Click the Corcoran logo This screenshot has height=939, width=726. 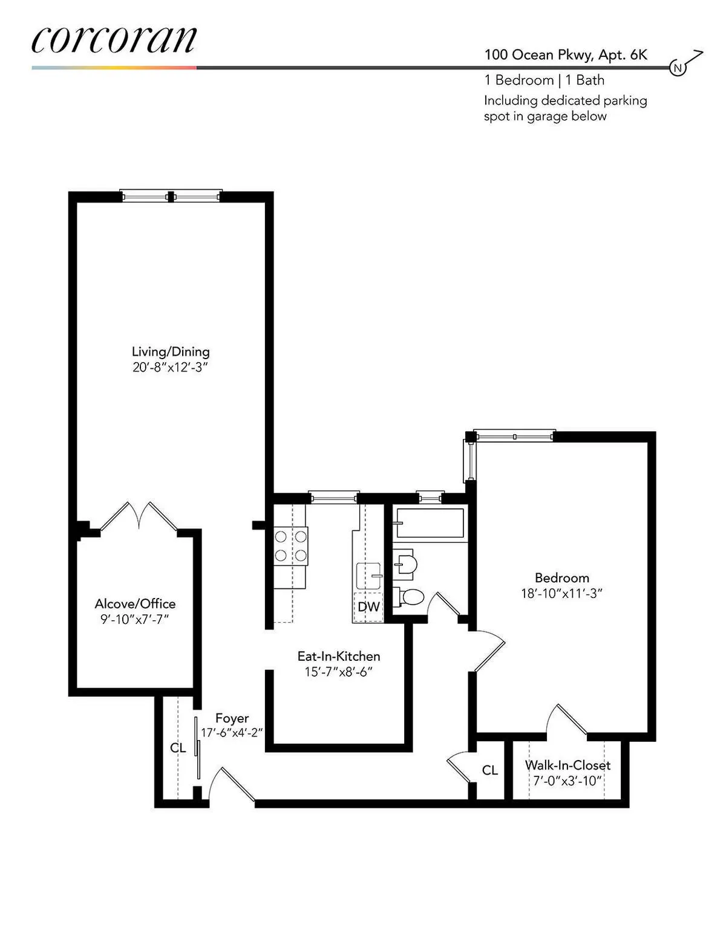(114, 40)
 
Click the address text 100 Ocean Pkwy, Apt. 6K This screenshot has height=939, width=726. (565, 55)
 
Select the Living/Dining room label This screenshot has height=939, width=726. (171, 351)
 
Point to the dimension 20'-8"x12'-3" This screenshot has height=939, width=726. (171, 368)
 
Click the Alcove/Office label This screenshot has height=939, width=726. (135, 603)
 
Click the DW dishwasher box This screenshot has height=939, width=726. (368, 606)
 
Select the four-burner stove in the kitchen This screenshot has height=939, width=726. (291, 545)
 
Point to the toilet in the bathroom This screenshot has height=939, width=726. (411, 597)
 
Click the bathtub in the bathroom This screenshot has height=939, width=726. (430, 523)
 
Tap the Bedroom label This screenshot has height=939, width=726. (561, 577)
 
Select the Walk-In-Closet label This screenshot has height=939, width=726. (567, 765)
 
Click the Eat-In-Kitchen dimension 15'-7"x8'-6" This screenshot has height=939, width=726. (338, 672)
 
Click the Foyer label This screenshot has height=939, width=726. (232, 718)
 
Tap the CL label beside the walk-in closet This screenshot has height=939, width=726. (489, 770)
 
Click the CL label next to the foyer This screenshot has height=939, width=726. (178, 748)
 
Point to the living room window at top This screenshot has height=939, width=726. (171, 196)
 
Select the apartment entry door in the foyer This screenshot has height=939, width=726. (233, 784)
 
